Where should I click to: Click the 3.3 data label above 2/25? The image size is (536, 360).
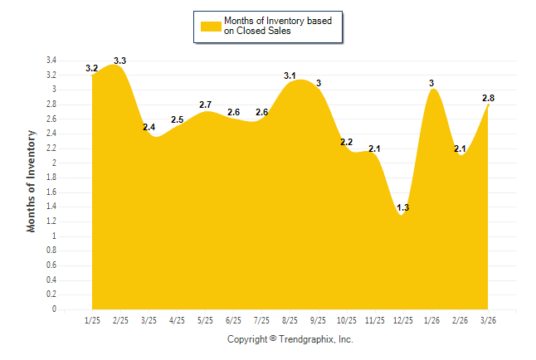pos(119,61)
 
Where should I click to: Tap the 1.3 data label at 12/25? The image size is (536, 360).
pos(403,207)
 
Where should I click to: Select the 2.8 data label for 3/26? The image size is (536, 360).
pos(489,98)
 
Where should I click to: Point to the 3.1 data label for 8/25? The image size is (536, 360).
pos(290,75)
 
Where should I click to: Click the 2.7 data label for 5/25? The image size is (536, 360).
pos(205,105)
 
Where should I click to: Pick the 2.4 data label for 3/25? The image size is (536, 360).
pos(149,127)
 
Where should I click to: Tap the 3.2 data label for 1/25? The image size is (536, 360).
pos(91,68)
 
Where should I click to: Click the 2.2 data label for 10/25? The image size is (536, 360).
pos(347,142)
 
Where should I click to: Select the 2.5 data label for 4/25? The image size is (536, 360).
pos(177,119)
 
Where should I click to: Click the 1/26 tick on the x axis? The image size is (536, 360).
pos(431,320)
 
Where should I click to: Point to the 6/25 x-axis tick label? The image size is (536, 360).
pos(233,320)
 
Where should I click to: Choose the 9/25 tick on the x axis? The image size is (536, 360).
pos(319,320)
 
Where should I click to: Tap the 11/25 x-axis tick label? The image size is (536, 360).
pos(375,320)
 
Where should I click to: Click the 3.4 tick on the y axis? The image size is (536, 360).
pos(51,61)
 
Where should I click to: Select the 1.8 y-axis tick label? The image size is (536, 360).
pos(51,178)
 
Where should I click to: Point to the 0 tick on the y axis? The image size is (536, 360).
pos(54,309)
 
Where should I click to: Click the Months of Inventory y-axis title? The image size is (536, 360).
pos(32,180)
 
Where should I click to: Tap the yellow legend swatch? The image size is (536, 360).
pos(210,26)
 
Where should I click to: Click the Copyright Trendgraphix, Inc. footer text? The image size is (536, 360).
pos(290,339)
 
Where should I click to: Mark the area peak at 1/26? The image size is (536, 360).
pos(432,90)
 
